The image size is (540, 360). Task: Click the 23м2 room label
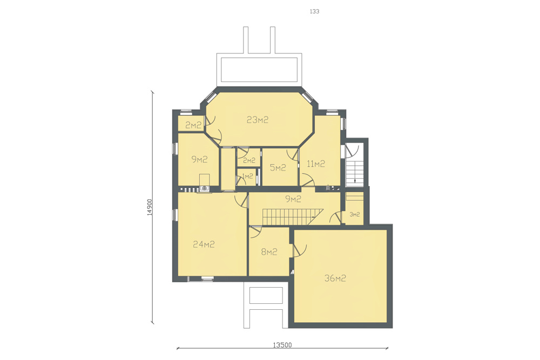257,120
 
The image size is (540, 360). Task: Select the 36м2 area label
335,278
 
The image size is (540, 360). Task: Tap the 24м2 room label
204,244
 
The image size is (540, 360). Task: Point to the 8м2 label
269,252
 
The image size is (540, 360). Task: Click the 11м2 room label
316,164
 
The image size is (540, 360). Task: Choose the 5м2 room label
278,168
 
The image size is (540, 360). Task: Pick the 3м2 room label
355,214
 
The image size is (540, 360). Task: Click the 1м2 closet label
248,176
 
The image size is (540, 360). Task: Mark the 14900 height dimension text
149,207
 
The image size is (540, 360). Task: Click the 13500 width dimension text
282,345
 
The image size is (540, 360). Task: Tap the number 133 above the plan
314,11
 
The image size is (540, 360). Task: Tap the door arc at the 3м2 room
335,218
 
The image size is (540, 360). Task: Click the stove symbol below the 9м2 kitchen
204,188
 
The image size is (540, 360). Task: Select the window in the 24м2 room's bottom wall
207,279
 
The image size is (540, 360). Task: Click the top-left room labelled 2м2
193,125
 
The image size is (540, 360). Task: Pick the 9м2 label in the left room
199,159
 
